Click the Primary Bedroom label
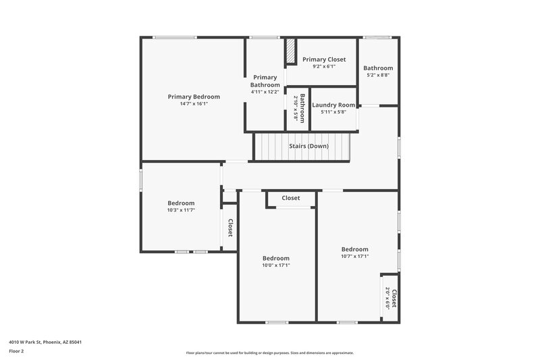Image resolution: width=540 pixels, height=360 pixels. pos(194,97)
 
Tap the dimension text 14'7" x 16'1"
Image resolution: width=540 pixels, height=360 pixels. pos(194,104)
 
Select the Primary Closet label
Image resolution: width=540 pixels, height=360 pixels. pos(324,59)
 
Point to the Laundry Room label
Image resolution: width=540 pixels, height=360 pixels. pos(333,105)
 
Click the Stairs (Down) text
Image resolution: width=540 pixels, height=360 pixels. pos(308,146)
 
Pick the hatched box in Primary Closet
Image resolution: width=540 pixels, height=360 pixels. pos(290,52)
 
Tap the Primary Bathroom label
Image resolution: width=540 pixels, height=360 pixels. pos(265,81)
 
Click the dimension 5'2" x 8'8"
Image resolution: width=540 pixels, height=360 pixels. pos(378,75)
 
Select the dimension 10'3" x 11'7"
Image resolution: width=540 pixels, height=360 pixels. pos(181,210)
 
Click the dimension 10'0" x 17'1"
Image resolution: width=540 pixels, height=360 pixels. pos(276,265)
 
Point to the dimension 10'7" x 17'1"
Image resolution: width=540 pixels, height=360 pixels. pos(354,256)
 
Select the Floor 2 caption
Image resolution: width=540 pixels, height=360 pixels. pos(17,351)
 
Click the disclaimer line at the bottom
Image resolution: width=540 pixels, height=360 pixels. pos(269,353)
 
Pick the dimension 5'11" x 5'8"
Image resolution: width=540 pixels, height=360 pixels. pos(333,111)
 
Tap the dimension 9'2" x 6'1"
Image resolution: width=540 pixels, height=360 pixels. pos(324,66)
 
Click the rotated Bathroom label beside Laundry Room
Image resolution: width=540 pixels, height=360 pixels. pos(302,107)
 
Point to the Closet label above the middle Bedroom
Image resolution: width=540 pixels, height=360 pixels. pos(291,198)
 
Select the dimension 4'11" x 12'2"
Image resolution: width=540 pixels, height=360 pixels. pos(265,91)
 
